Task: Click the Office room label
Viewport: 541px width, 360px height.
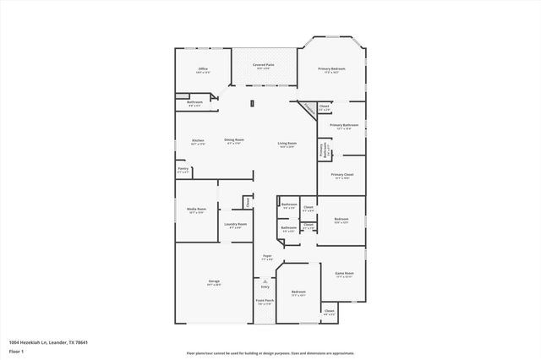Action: [x=203, y=68]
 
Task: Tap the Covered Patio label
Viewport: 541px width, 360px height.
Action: [x=264, y=64]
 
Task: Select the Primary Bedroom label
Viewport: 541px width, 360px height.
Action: [x=331, y=68]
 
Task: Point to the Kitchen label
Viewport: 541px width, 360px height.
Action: [x=198, y=140]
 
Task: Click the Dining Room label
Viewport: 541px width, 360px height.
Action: [x=234, y=140]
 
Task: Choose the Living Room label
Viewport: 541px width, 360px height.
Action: [x=287, y=144]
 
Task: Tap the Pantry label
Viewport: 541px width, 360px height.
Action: [x=183, y=168]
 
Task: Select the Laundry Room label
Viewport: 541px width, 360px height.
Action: [x=236, y=224]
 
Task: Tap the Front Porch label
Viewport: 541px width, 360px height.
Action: [x=265, y=301]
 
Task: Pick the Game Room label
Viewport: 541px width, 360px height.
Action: [x=344, y=274]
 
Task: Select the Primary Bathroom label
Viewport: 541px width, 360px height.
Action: [x=344, y=125]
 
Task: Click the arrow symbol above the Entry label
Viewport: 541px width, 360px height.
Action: [x=265, y=281]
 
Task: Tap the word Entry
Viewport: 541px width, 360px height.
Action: [x=265, y=286]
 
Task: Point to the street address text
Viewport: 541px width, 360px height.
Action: [x=48, y=342]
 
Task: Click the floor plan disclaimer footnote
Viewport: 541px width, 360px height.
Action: [x=270, y=352]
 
